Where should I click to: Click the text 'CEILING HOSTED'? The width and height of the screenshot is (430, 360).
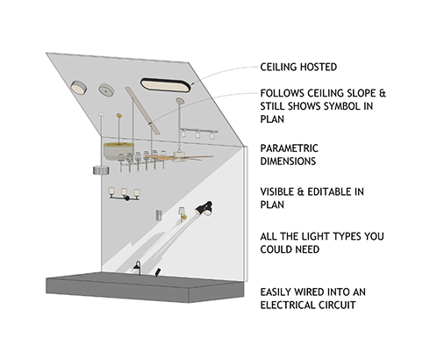coord(298,67)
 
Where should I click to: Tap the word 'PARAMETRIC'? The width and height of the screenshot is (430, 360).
coord(289,148)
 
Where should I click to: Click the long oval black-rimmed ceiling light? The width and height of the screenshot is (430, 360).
coord(165,85)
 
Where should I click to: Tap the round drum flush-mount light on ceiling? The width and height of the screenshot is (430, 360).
coord(78,88)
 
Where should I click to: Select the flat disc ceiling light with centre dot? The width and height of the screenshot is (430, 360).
coord(106,90)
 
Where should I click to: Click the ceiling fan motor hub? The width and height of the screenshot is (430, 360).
coord(179,155)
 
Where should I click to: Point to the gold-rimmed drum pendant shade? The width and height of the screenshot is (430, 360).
coord(118,151)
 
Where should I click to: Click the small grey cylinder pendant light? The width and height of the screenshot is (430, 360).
coord(101,170)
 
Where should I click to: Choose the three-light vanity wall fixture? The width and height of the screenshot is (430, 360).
coord(124,194)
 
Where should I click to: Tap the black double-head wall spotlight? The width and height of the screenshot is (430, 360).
coord(204,208)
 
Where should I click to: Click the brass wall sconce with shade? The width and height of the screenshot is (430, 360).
coord(183,214)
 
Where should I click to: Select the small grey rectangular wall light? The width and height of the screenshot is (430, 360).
coord(159,215)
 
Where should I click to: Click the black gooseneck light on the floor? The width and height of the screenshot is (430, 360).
coord(138,268)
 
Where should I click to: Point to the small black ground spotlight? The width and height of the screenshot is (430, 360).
coord(158,272)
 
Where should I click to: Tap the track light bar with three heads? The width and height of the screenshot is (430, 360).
coord(199,133)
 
